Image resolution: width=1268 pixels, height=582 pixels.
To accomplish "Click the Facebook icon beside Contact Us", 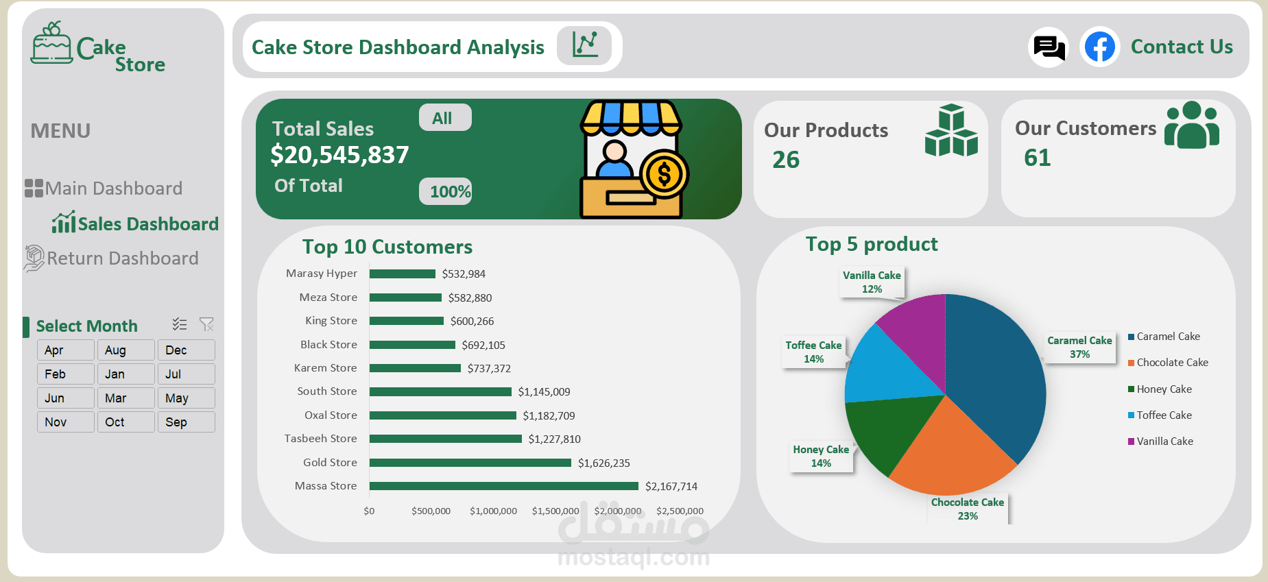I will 1099,47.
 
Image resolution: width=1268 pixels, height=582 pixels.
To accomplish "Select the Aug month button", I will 125,350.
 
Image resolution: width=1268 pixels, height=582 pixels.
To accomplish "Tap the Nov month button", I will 65,422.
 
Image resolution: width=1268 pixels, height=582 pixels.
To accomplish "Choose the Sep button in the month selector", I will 186,422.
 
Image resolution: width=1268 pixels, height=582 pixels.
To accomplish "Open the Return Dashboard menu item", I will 122,258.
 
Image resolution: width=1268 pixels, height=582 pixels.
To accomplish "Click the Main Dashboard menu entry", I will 113,189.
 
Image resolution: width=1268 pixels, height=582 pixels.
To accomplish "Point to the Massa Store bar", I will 503,486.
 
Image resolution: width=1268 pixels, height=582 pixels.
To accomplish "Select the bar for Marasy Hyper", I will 403,274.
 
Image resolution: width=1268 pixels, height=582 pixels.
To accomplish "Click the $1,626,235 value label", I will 603,463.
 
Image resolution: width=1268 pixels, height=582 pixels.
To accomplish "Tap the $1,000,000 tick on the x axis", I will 493,511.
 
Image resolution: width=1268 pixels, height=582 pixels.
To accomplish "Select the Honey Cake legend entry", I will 1164,389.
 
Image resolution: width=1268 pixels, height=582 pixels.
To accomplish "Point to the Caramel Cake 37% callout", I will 1079,348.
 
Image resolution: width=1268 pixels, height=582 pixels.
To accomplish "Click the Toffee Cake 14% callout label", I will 813,352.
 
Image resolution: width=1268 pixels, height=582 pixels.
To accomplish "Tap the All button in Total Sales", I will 444,118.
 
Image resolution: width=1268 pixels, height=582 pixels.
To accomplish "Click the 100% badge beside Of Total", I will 449,192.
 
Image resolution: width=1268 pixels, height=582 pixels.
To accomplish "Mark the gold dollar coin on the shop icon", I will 663,174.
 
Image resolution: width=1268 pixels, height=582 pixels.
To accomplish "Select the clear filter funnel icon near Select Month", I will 206,324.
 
